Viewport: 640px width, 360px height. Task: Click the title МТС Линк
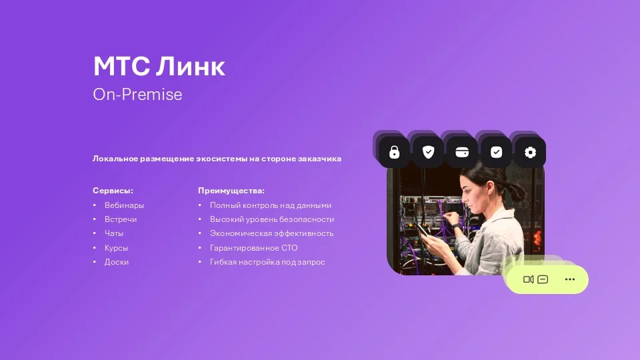coord(159,67)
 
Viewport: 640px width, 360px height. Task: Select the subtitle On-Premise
coord(137,95)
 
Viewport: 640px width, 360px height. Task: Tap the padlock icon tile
coord(394,153)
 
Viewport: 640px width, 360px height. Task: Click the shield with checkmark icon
coord(428,153)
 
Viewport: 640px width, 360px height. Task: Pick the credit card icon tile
coord(462,153)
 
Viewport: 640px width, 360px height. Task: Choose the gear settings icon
coord(530,153)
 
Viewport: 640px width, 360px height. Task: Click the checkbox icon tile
coord(496,153)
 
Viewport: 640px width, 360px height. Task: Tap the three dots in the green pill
coord(569,279)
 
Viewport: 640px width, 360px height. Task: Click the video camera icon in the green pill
coord(528,279)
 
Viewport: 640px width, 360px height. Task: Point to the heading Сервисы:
coord(113,191)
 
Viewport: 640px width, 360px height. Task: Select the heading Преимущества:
coord(231,191)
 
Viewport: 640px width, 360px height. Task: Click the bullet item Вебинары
coord(124,205)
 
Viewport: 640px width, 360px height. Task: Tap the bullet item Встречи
coord(121,219)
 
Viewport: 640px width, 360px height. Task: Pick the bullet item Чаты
coord(114,233)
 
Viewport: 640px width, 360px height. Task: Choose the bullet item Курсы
coord(116,248)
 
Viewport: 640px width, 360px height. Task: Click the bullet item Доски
coord(117,262)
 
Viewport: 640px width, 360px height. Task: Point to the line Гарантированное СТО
coord(253,248)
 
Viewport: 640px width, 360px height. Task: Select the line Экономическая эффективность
coord(271,233)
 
